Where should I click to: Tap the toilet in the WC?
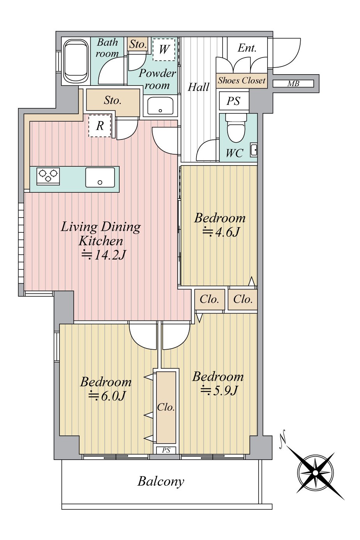[236, 128]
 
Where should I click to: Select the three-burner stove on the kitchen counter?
[48, 176]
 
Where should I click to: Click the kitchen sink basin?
[100, 178]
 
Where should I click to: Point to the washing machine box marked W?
[164, 49]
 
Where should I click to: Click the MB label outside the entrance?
[293, 84]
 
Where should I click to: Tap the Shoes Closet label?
[242, 80]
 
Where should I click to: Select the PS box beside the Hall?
[234, 101]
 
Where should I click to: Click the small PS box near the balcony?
[166, 450]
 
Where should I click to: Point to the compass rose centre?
[315, 473]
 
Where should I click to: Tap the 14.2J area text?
[104, 254]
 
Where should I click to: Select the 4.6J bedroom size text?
[221, 232]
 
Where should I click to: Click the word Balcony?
[161, 482]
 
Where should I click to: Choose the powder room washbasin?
[160, 106]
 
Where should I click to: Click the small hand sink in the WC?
[254, 150]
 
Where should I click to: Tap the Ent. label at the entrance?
[247, 48]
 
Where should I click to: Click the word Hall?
[198, 87]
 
